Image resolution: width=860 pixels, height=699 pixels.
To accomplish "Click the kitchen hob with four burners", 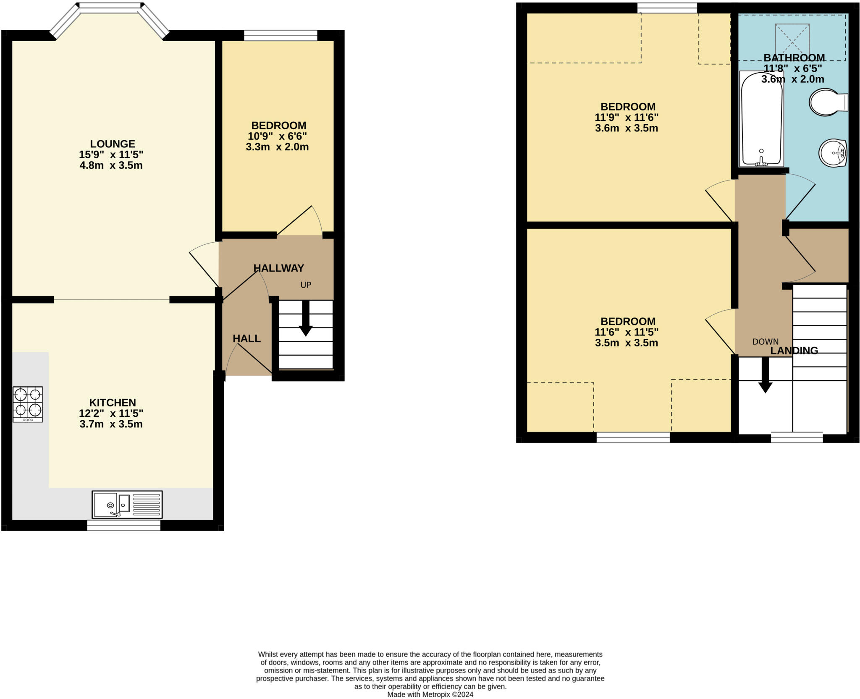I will point(28,404).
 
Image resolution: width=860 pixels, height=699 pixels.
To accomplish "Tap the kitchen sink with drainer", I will point(127,504).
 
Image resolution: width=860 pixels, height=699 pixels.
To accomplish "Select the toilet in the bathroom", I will point(828,102).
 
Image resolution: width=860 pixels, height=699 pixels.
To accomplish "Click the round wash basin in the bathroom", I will point(832,153).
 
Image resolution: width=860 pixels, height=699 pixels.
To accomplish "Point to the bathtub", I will point(761,119).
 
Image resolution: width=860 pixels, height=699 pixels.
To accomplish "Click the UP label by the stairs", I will point(306,285).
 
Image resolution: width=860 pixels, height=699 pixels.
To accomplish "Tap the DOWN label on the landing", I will point(765,342).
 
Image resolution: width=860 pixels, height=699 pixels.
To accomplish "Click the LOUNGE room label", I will point(112,144).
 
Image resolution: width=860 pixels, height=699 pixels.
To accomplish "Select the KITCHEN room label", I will point(112,403).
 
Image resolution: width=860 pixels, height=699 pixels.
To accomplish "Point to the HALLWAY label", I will point(278,268).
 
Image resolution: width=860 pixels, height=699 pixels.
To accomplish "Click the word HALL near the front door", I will point(246,338).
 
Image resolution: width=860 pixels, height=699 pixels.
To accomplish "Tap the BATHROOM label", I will point(794,58).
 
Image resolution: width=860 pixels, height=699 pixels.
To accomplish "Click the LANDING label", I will point(794,351).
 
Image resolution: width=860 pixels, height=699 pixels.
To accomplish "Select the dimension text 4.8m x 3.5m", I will point(111,165).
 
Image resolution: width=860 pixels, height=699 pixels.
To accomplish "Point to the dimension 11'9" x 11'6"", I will point(626,118).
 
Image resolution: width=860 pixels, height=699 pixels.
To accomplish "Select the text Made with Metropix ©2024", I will point(430,694).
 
